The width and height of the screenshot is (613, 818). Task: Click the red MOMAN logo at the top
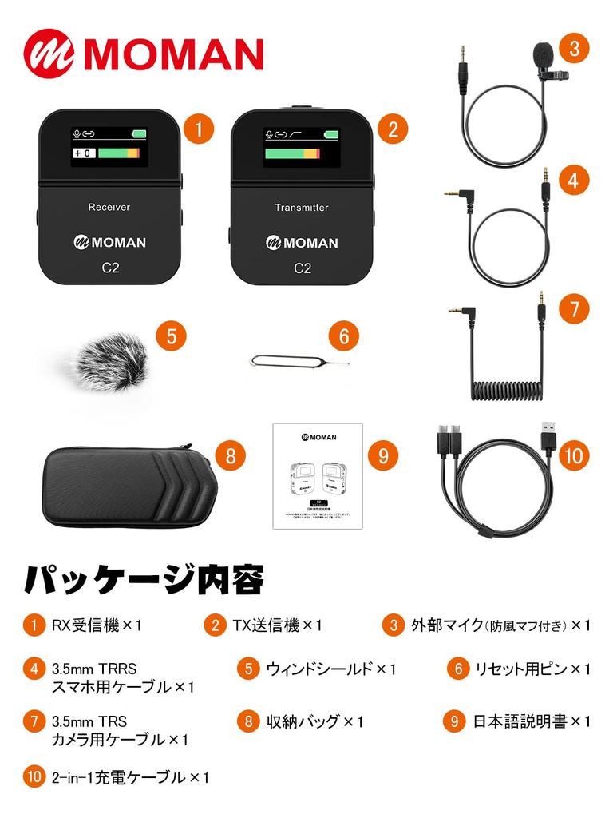[x=144, y=53]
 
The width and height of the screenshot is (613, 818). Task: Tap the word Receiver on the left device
[x=109, y=208]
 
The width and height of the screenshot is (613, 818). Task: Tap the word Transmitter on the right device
[x=302, y=208]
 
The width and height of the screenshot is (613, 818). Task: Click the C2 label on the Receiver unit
[x=110, y=268]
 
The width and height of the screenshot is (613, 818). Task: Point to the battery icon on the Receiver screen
[x=140, y=134]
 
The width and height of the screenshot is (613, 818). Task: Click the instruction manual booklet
[x=318, y=476]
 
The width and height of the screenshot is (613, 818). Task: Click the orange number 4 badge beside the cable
[x=573, y=181]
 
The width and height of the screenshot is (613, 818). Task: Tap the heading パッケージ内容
[x=144, y=579]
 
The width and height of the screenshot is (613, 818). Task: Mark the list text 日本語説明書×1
[x=531, y=722]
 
